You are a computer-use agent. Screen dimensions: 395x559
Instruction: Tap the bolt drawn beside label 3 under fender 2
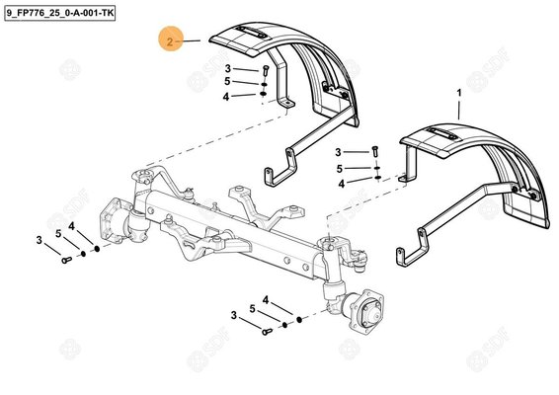(265, 70)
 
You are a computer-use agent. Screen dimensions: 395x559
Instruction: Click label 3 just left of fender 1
(338, 152)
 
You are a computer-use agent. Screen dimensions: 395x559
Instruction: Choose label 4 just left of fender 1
(342, 183)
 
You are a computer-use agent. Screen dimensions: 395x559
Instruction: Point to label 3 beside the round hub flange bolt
(235, 315)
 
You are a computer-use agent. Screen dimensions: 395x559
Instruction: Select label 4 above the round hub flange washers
(265, 299)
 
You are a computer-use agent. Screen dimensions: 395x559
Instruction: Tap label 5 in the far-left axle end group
(57, 233)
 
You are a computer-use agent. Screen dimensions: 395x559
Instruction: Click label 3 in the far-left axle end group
(39, 240)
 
